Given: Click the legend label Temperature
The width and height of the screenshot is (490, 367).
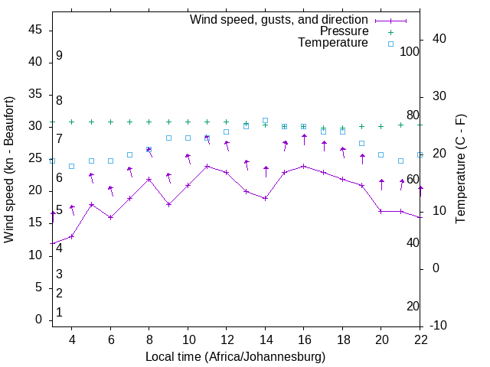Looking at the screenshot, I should (x=333, y=43).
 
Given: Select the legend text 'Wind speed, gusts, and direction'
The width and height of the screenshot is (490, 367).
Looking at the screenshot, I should (x=279, y=19).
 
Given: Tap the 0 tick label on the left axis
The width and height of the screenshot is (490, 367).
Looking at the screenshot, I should (x=38, y=320).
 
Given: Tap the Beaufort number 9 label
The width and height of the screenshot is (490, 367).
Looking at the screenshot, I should (x=59, y=56).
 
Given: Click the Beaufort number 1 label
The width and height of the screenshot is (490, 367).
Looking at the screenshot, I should (x=59, y=312).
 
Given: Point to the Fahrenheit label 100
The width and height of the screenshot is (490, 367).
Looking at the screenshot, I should (x=410, y=51).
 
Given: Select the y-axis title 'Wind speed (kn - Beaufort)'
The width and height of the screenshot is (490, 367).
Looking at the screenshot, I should (x=9, y=170).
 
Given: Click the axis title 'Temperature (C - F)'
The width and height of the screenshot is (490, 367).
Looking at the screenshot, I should (x=460, y=170).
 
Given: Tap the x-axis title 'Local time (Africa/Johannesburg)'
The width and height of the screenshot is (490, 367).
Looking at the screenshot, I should (x=235, y=356).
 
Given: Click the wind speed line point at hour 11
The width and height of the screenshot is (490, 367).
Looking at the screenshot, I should (x=207, y=166).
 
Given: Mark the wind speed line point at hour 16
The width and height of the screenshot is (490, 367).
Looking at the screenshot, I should (x=304, y=166).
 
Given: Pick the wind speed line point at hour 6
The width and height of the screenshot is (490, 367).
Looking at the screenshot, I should (x=110, y=217).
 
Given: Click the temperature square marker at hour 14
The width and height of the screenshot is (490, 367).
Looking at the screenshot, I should (x=265, y=120).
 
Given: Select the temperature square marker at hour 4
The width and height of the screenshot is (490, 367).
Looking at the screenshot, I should (x=71, y=166).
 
